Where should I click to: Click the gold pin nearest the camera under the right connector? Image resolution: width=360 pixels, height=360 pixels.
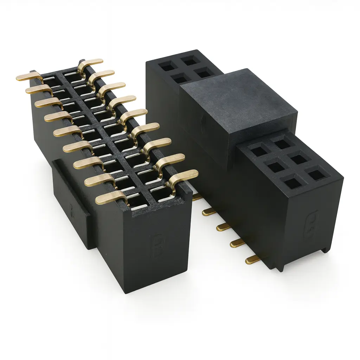click(252, 260)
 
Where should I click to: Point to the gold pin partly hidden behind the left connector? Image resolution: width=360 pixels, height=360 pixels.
click(197, 197)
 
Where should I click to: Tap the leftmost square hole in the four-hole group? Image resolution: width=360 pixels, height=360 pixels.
click(167, 65)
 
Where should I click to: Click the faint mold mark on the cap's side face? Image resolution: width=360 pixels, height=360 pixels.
click(203, 121)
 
